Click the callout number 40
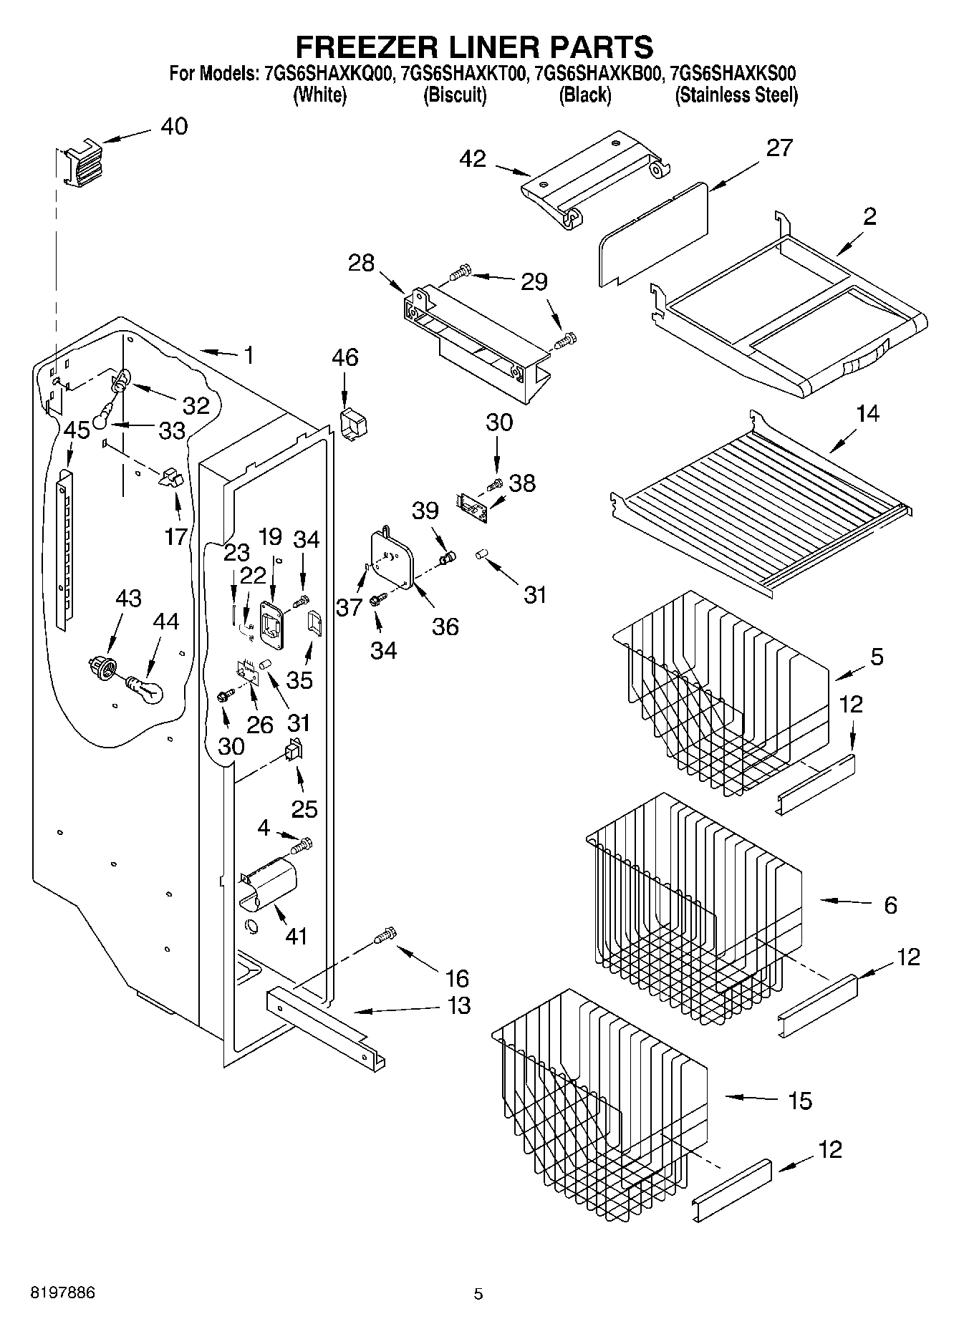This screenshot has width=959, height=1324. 174,126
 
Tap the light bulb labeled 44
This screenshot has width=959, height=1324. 146,690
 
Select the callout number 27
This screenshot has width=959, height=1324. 779,148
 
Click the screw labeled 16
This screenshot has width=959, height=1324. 385,935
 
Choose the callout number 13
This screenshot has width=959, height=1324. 459,1005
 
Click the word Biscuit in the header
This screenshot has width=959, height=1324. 455,95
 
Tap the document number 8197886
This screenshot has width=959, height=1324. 62,1293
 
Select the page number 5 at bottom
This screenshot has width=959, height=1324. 478,1294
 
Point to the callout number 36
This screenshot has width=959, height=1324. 445,627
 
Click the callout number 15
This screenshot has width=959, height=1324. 799,1101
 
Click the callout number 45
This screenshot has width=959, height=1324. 77,430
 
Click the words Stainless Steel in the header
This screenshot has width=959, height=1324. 736,95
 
